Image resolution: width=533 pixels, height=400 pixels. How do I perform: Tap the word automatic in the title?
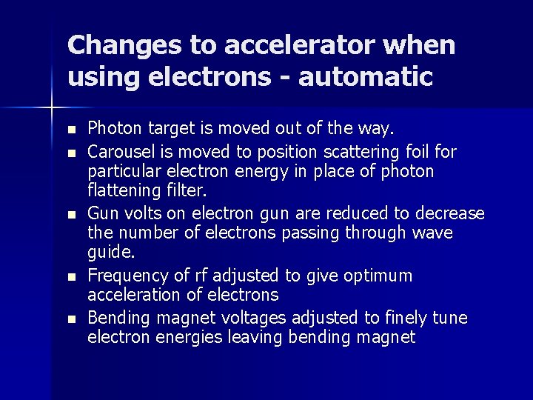[366, 76]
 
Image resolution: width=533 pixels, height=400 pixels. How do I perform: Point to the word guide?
[112, 253]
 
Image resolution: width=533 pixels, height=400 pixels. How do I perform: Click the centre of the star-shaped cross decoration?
[53, 109]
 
